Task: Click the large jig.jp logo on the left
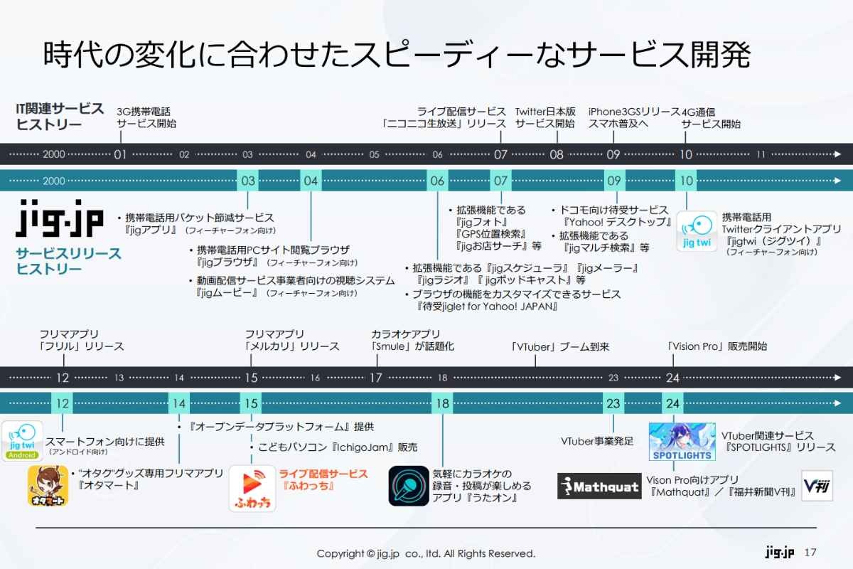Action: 59,218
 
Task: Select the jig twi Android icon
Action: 21,441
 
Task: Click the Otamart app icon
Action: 48,486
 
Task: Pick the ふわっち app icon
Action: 252,489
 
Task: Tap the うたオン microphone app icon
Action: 409,486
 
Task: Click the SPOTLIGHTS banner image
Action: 682,442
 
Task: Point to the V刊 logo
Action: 817,486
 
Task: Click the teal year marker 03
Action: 248,181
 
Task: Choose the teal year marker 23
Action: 613,403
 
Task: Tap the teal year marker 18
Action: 442,403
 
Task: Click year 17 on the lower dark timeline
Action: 376,378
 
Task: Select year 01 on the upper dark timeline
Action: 120,154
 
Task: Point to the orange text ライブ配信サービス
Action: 323,473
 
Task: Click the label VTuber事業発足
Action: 597,441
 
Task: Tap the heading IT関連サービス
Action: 60,109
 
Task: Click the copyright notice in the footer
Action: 426,553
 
